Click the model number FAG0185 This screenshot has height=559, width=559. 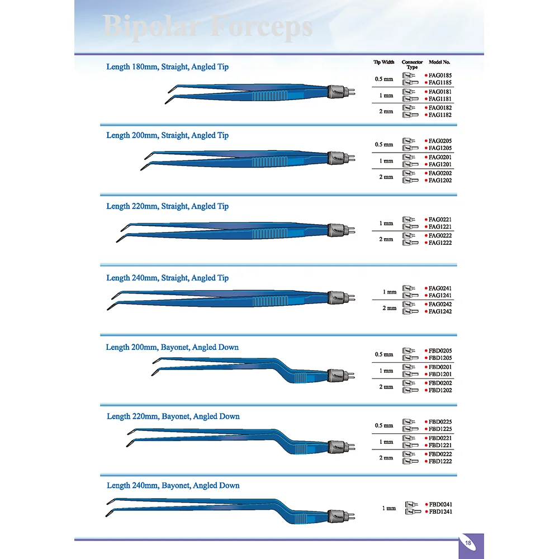pyautogui.click(x=440, y=75)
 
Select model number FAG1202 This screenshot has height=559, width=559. pyautogui.click(x=440, y=181)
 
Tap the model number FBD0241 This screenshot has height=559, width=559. pyautogui.click(x=440, y=505)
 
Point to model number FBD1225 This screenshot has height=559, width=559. pyautogui.click(x=440, y=429)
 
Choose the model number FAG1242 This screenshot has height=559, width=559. pyautogui.click(x=440, y=311)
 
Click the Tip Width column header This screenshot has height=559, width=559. pyautogui.click(x=384, y=62)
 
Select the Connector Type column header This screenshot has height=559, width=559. pyautogui.click(x=413, y=64)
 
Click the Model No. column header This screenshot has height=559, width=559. pyautogui.click(x=439, y=62)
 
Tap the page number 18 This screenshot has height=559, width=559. pyautogui.click(x=468, y=542)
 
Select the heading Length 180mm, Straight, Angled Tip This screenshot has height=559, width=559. pyautogui.click(x=167, y=67)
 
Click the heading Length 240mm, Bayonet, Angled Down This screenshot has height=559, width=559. pyautogui.click(x=173, y=486)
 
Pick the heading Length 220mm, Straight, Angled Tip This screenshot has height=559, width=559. pyautogui.click(x=167, y=206)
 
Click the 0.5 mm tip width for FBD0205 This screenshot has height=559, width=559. pyautogui.click(x=384, y=354)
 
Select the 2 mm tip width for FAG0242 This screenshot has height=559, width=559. pyautogui.click(x=389, y=308)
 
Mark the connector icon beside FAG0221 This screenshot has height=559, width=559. pyautogui.click(x=410, y=220)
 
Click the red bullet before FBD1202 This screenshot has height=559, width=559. pyautogui.click(x=425, y=391)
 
